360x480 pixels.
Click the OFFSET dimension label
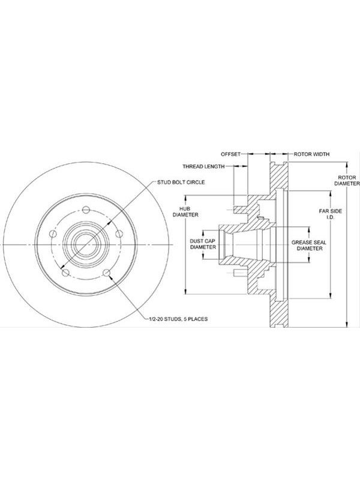pyautogui.click(x=230, y=154)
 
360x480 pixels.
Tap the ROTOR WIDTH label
pyautogui.click(x=311, y=154)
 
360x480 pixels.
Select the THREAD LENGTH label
pyautogui.click(x=203, y=167)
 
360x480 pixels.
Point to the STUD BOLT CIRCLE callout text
pyautogui.click(x=181, y=182)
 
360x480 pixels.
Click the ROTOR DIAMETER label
pyautogui.click(x=347, y=181)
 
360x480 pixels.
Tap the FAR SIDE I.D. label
pyautogui.click(x=331, y=214)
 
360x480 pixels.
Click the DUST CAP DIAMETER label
pyautogui.click(x=203, y=244)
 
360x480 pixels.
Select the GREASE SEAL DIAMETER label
pyautogui.click(x=308, y=245)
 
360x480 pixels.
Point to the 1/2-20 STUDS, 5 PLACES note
pyautogui.click(x=178, y=319)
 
